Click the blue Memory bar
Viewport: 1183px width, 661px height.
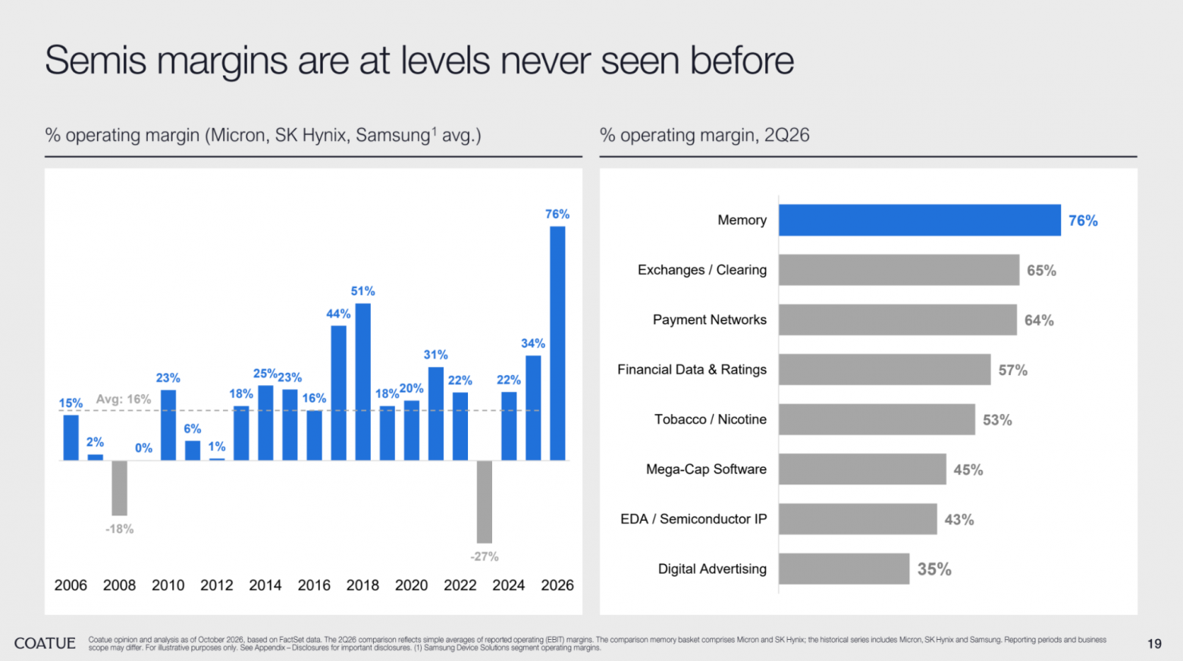919,220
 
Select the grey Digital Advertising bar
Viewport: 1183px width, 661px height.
844,569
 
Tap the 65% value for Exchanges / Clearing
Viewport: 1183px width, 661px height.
1041,271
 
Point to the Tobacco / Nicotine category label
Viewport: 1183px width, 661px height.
711,419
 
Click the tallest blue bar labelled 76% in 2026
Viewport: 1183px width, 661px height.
557,343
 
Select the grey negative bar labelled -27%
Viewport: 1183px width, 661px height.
485,502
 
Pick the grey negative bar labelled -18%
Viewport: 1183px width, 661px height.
119,488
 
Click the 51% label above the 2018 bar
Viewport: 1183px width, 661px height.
362,291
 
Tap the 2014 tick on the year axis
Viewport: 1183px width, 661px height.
265,585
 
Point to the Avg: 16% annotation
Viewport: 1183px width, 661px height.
124,399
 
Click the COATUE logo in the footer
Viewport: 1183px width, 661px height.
45,643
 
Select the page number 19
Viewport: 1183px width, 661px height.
1154,644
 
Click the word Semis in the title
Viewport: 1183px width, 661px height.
96,60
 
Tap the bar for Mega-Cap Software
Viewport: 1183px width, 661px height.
862,468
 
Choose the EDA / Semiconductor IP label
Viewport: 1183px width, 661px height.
693,519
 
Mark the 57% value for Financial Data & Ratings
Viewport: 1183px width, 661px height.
1013,370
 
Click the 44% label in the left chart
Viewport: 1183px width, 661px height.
338,314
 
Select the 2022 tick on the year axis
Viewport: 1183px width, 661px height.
460,585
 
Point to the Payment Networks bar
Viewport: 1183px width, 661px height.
898,319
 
